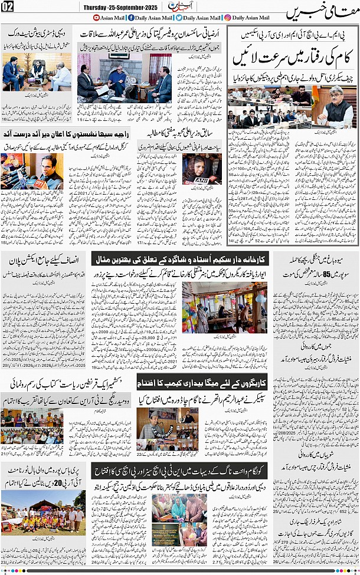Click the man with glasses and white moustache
(338, 106)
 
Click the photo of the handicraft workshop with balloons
(224, 306)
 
